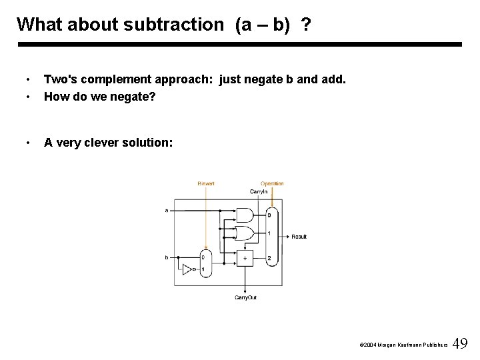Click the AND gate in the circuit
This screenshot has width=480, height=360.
tap(245, 215)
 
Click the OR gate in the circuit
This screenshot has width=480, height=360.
tap(245, 234)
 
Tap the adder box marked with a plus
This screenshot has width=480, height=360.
tap(245, 257)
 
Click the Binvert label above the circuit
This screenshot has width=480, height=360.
tap(206, 183)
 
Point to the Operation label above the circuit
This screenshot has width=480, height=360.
tap(272, 183)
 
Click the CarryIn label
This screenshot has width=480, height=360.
tap(259, 191)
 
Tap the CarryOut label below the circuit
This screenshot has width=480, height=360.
tap(245, 297)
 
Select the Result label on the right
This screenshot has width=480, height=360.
tap(299, 237)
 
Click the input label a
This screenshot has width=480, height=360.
tap(167, 211)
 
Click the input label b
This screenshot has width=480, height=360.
tap(167, 257)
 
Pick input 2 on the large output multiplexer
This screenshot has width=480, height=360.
tap(269, 258)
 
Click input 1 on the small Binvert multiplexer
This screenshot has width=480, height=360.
tap(203, 269)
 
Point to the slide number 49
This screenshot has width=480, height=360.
tap(460, 344)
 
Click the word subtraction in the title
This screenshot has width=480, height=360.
tap(181, 25)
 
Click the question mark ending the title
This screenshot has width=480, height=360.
tap(305, 25)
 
